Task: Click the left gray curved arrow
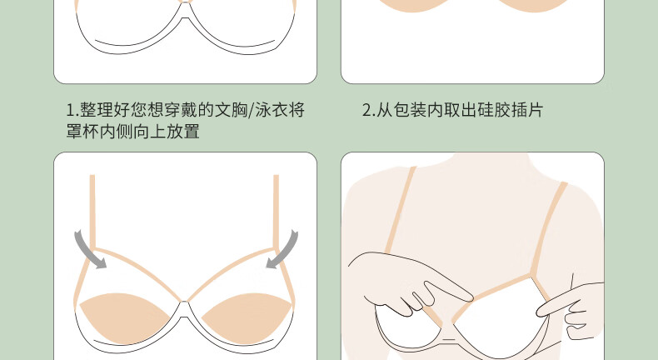click(x=86, y=251)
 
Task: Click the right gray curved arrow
click(x=287, y=251)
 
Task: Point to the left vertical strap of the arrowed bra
click(x=92, y=212)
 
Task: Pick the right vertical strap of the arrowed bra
click(x=277, y=212)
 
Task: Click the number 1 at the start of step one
click(x=71, y=110)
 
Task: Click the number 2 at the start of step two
click(x=366, y=110)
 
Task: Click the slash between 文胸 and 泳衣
click(x=251, y=111)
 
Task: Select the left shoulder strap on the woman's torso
click(x=401, y=210)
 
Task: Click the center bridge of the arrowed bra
click(x=184, y=307)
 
